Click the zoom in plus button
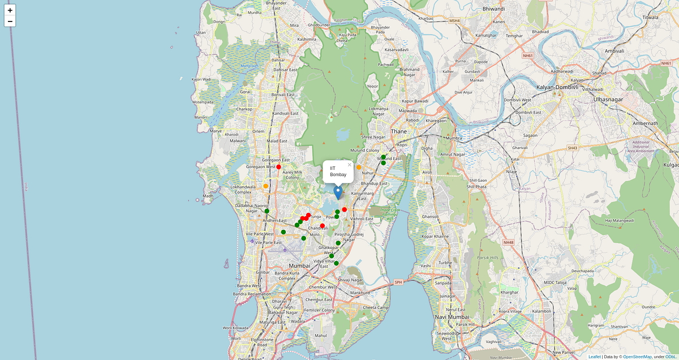coord(10,10)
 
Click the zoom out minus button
coord(10,22)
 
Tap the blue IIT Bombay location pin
coord(338,192)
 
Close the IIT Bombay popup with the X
coord(350,165)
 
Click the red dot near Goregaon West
coord(278,167)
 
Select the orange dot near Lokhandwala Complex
coord(265,186)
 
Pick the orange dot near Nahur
coord(359,168)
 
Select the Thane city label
coord(399,131)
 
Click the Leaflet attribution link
coord(595,357)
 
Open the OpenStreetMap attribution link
coord(637,357)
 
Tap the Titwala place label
coord(651,18)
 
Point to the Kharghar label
coord(510,293)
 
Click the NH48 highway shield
coord(508,242)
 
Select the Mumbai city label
coord(300,265)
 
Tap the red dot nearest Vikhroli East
coord(345,209)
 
